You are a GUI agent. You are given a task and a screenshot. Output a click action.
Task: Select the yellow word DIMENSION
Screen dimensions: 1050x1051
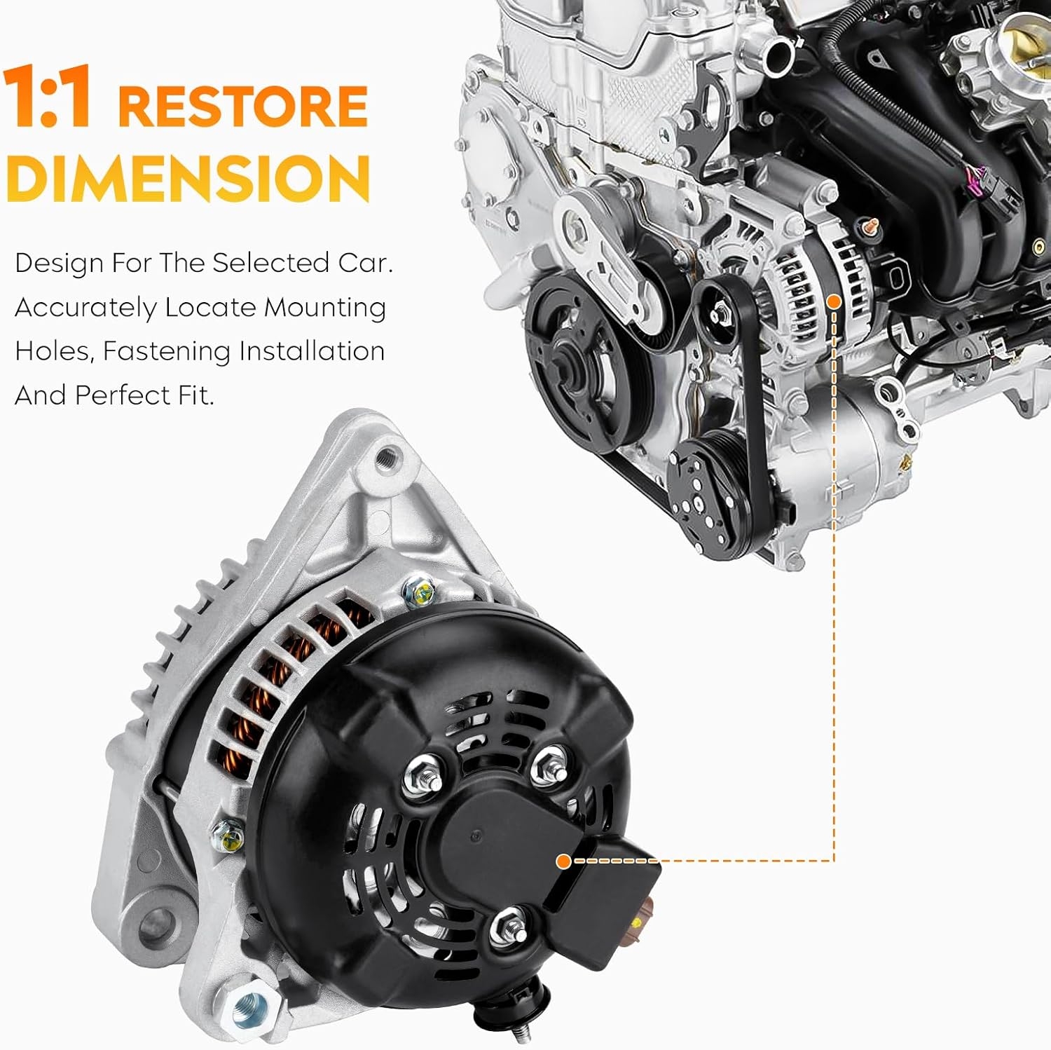[188, 178]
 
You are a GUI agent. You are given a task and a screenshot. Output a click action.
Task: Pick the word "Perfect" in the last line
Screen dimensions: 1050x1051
[123, 396]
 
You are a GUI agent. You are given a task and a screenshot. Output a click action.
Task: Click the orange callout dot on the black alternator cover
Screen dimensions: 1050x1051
[563, 861]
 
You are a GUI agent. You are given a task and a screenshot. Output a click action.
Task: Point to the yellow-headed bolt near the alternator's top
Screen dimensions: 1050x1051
[420, 594]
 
